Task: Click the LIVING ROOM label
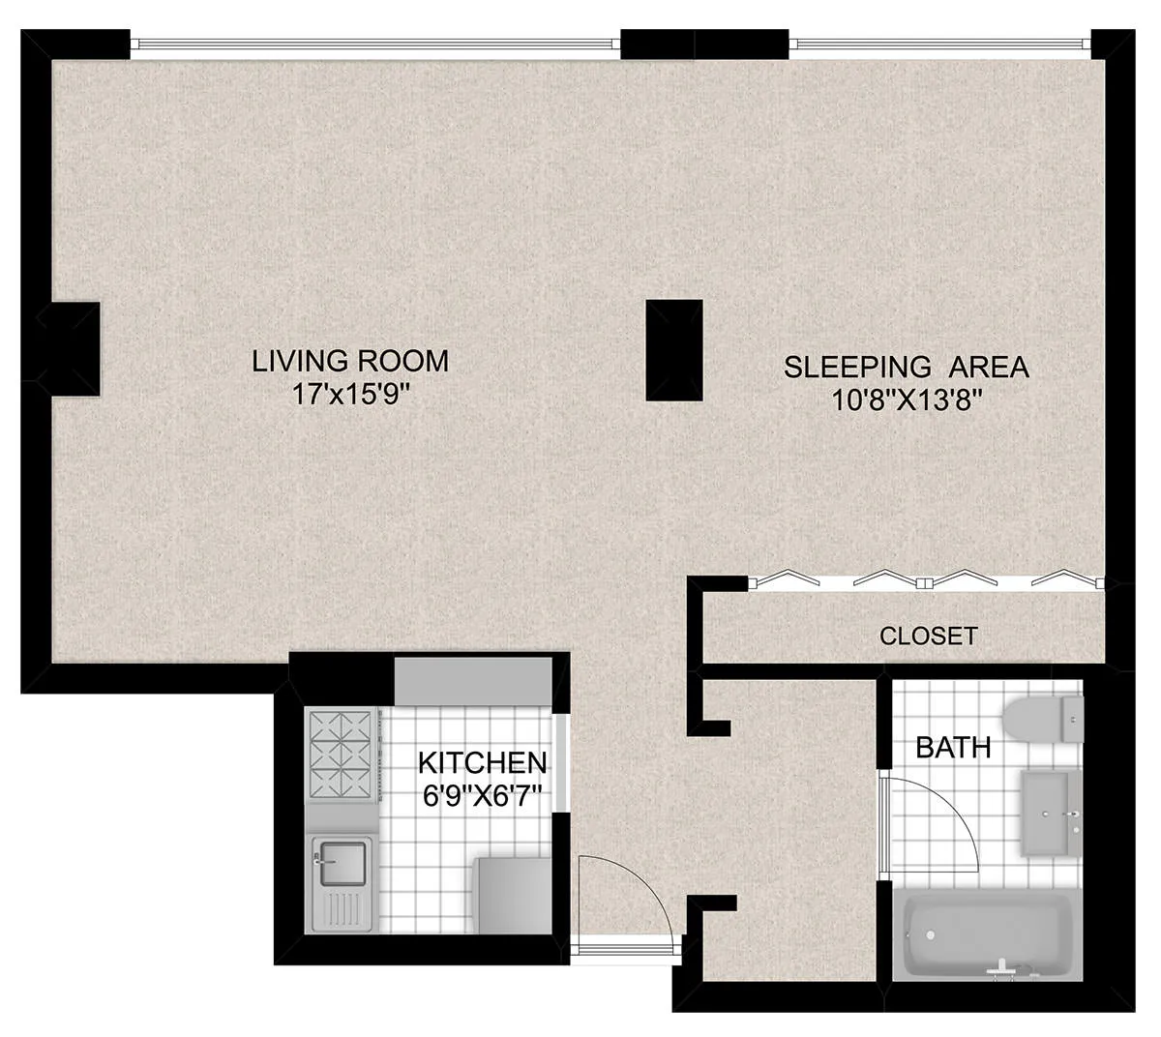350,361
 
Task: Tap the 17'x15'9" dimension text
350,395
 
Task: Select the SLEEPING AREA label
906,368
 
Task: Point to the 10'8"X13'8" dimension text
907,400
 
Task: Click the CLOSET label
928,637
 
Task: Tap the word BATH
952,748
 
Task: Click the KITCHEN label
482,762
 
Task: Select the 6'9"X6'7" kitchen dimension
482,796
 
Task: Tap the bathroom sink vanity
1050,813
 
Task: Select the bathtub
987,935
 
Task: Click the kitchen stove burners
340,755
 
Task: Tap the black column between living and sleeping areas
673,350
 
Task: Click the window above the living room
374,44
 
